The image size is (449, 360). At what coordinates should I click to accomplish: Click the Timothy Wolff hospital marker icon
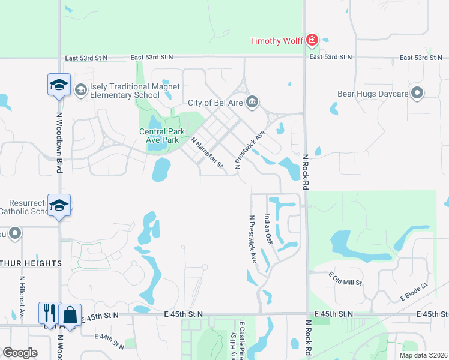(312, 40)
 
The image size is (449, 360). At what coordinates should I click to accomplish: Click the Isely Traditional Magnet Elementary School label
(134, 91)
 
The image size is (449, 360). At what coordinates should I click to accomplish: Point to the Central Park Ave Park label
(159, 136)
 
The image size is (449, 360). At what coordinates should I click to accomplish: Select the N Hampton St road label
(207, 152)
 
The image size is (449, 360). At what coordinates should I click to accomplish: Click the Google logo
(20, 353)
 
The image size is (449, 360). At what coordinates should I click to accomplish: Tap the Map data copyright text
(423, 355)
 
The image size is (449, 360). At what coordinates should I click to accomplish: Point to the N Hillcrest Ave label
(21, 297)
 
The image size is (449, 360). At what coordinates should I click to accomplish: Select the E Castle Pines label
(241, 340)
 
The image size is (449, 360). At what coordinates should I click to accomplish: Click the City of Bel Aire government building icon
(253, 100)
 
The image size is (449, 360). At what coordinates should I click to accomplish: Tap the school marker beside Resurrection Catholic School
(59, 205)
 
